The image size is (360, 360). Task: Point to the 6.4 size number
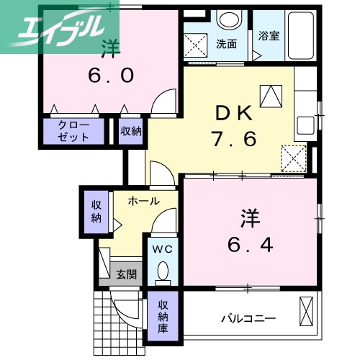250,245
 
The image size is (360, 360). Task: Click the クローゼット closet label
74,131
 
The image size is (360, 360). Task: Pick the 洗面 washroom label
226,43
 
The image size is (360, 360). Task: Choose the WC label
162,250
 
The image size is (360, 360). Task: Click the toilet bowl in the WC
162,271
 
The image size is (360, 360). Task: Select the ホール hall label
143,202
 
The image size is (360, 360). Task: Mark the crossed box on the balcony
307,310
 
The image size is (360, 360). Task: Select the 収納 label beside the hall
96,212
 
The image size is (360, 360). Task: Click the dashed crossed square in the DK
293,158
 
